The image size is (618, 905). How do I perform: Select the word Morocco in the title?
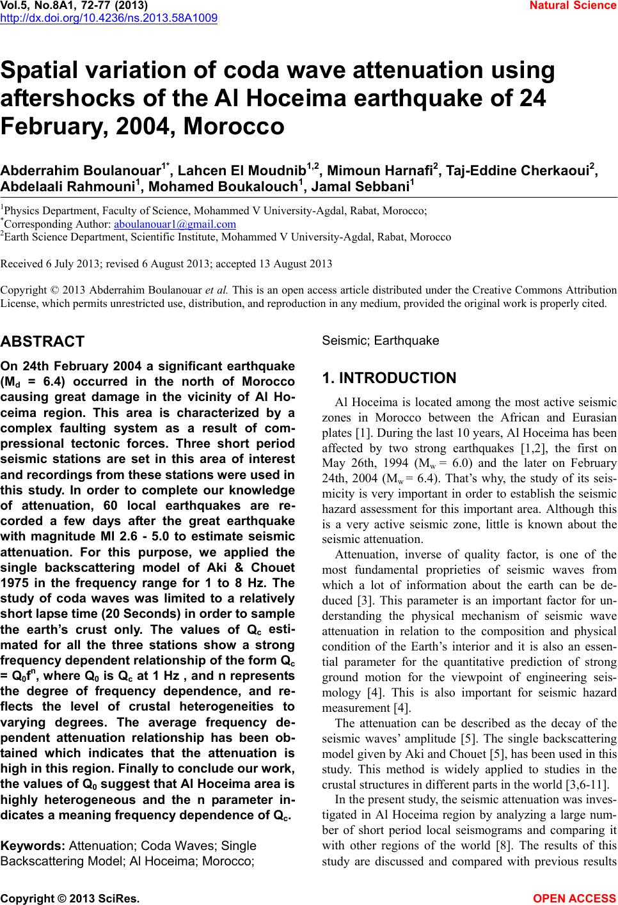point(234,125)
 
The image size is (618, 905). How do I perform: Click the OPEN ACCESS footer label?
point(575,898)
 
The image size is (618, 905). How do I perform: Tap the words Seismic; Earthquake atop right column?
point(381,340)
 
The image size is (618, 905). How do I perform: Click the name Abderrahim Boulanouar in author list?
point(81,171)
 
